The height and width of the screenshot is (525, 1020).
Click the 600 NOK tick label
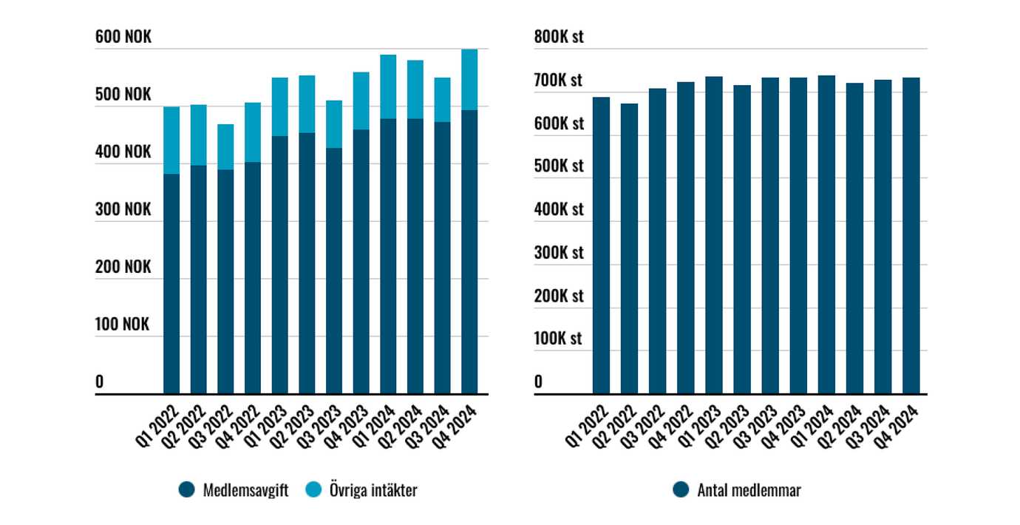pos(123,36)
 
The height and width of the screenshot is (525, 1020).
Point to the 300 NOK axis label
pos(123,209)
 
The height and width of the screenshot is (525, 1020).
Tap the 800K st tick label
pos(559,36)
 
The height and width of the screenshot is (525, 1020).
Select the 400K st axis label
pos(559,209)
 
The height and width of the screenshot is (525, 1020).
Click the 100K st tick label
pos(559,339)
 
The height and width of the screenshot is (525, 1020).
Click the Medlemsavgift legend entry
pos(234,490)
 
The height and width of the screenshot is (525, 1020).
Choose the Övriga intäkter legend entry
pos(362,490)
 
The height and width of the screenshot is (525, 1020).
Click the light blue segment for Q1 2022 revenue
pos(171,140)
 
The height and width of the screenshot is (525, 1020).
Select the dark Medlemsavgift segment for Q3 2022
pos(225,281)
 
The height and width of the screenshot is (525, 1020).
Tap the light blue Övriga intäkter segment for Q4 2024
pos(469,80)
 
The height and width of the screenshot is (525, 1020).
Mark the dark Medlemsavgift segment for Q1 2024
pos(388,256)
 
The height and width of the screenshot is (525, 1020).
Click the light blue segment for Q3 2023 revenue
pos(334,124)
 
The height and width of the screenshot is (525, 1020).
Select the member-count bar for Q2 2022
pos(629,248)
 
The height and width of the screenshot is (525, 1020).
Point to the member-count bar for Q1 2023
pos(713,235)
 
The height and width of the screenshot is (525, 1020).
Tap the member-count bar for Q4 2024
pos(911,235)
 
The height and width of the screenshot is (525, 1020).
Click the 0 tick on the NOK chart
pos(100,382)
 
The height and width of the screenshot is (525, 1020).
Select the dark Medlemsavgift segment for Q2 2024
pos(415,256)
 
